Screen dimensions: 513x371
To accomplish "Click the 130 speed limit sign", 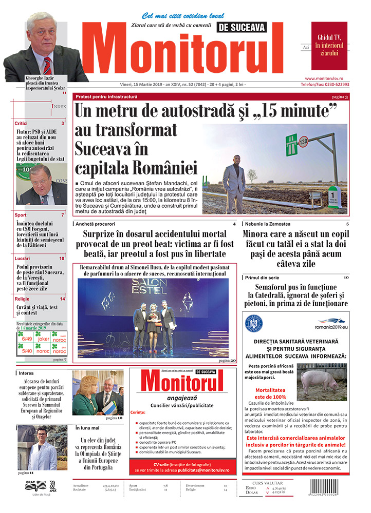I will tap(304, 140).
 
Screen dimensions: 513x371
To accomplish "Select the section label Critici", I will tap(21, 124).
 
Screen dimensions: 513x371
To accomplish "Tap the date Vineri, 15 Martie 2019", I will tap(138, 85).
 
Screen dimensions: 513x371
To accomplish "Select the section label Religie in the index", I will tap(22, 299).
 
